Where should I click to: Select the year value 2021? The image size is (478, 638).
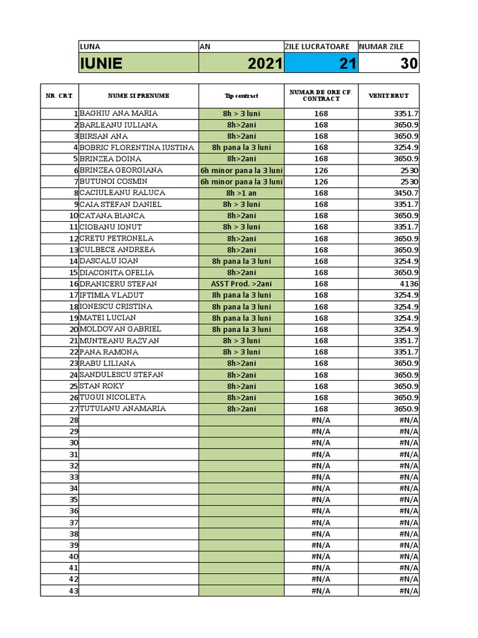point(265,64)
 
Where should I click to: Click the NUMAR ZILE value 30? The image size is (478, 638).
point(409,64)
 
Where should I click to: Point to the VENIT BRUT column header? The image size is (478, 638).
point(388,96)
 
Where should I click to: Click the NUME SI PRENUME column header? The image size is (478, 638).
point(138,96)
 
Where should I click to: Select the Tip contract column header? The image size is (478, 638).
point(241,96)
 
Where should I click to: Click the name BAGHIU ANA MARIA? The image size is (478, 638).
point(119,113)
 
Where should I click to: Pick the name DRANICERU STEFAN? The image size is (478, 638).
point(118,283)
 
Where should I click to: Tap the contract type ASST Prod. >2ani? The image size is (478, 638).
point(241,283)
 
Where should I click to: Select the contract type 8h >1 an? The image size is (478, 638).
point(241,193)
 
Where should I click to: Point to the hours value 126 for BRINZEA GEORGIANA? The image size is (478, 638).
point(321,170)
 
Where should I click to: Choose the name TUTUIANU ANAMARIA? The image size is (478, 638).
point(123,409)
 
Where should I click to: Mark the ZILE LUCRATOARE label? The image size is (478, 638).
point(320,47)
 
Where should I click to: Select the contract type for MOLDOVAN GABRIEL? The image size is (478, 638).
point(241,329)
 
